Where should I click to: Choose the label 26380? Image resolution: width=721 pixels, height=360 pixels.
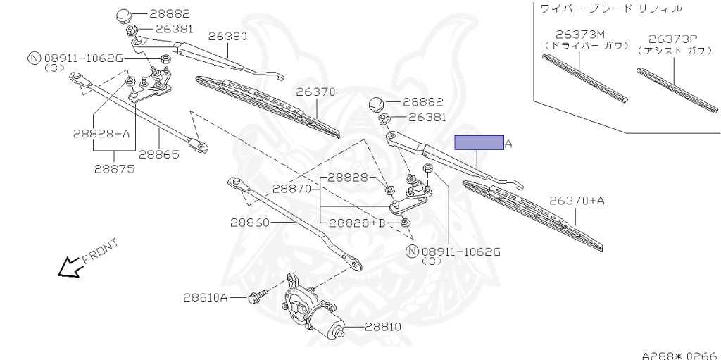[x=227, y=35]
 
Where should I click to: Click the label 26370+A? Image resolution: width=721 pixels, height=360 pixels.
[x=577, y=201]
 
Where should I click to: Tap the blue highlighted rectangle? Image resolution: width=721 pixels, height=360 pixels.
[x=479, y=143]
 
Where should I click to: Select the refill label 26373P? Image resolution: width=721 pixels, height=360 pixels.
[x=673, y=39]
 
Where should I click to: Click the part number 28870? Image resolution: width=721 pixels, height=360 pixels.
[x=292, y=189]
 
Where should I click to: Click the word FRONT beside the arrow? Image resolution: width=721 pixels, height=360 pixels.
[x=100, y=252]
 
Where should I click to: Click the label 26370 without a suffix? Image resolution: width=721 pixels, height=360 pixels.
[x=315, y=92]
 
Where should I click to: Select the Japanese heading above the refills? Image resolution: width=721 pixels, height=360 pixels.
[x=610, y=8]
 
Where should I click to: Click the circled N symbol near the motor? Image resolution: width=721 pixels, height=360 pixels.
[x=412, y=251]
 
